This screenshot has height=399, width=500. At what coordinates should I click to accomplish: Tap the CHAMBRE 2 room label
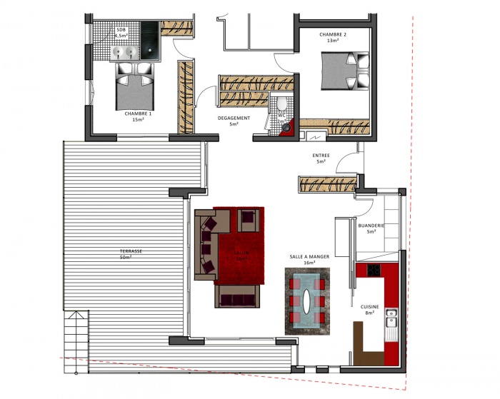[332, 37]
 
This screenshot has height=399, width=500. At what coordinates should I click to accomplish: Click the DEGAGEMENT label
[234, 121]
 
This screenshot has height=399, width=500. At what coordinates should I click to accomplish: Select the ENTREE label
[321, 158]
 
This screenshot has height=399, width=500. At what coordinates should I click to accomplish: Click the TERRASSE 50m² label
[131, 254]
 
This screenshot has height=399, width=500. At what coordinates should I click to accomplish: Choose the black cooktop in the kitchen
[374, 270]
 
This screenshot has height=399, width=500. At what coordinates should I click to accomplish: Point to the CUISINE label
[369, 309]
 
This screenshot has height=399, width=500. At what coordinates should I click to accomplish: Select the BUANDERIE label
[371, 228]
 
